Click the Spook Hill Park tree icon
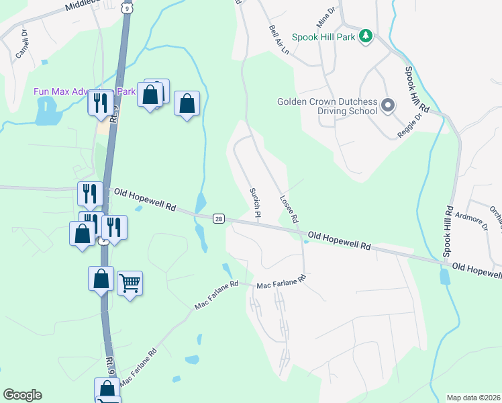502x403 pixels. point(366,36)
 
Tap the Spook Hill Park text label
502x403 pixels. point(328,37)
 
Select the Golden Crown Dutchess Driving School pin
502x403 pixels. point(387,105)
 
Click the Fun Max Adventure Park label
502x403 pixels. point(85,91)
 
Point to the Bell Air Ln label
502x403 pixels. point(279,40)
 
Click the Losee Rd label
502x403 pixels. point(289,210)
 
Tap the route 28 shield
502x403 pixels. point(219,218)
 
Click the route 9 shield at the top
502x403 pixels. point(127,7)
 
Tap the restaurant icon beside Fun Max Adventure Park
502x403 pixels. point(100,102)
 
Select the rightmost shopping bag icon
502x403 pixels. point(187,103)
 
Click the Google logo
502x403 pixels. point(22,395)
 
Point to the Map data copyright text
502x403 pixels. point(473,398)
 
